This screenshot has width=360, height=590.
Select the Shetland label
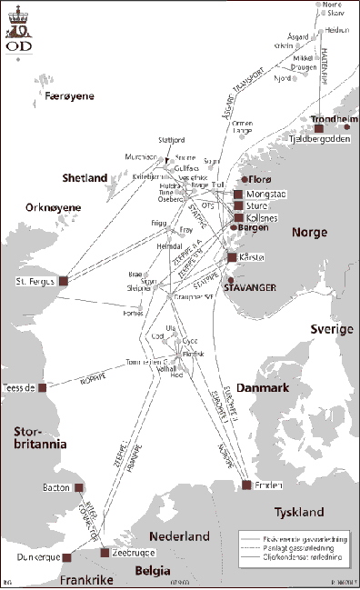click(x=85, y=177)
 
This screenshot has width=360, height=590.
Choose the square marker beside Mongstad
click(x=238, y=195)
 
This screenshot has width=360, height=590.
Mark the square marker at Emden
click(x=246, y=485)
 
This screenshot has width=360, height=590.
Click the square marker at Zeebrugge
click(x=105, y=553)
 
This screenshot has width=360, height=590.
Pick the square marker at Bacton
click(x=79, y=487)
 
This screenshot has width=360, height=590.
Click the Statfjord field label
click(x=171, y=140)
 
